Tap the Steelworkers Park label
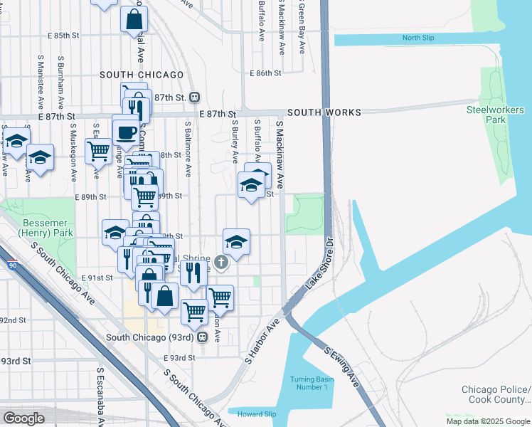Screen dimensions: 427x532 pos(495,115)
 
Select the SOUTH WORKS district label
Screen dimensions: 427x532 pos(324,112)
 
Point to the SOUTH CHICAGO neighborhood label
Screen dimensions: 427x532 pos(137,75)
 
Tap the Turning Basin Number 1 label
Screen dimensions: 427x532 pos(309,382)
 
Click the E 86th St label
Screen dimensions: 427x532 pos(267,73)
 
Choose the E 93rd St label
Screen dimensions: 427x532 pos(179,358)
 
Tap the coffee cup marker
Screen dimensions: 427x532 pos(126,132)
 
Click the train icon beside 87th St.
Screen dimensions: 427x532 pos(193,97)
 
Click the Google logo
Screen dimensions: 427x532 pos(23,418)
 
